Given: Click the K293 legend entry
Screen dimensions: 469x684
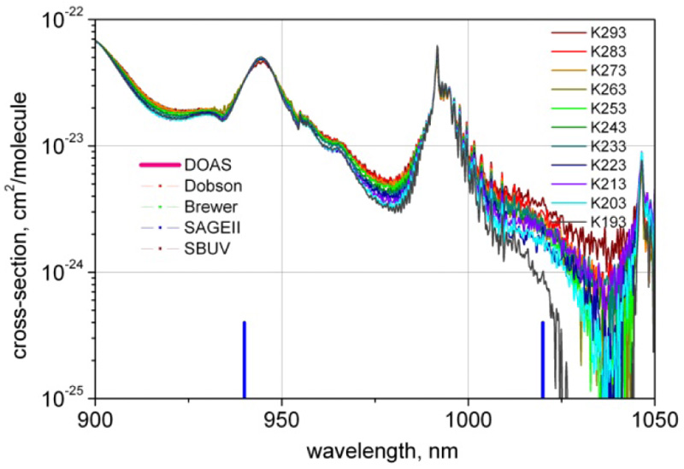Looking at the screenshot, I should (x=609, y=34).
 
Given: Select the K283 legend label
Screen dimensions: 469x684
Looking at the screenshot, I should (x=609, y=53).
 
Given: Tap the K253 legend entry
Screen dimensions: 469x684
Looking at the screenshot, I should (x=609, y=108).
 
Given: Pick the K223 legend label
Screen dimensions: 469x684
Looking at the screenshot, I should (x=609, y=165).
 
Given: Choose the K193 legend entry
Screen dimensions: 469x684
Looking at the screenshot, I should (x=609, y=221).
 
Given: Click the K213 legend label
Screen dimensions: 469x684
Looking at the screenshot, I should (x=609, y=184).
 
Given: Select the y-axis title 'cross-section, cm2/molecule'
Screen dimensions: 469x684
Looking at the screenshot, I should (x=18, y=209).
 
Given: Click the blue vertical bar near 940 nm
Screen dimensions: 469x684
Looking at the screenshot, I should (x=245, y=360).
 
